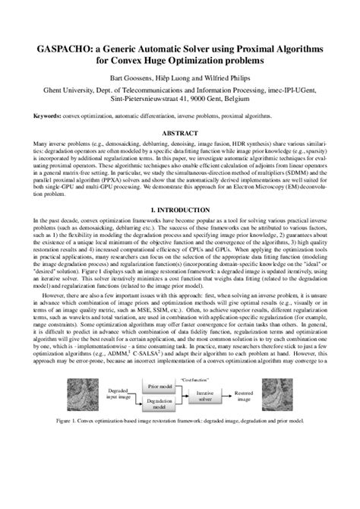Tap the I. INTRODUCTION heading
pyautogui.click(x=180, y=208)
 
